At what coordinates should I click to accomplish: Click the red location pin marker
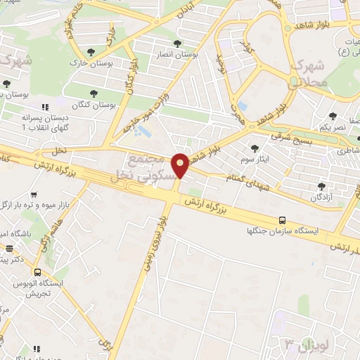coord(181,165)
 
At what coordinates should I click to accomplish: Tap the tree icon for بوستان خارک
coord(91,51)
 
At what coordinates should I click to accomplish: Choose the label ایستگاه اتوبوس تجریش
coord(42,288)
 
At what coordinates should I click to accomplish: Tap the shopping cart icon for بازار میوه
coord(33,194)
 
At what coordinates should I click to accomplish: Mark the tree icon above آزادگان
coord(321,186)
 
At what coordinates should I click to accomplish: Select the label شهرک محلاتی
coord(308,75)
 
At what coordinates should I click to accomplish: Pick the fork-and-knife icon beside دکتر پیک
coord(10,248)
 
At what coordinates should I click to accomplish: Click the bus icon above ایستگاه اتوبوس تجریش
coord(37,272)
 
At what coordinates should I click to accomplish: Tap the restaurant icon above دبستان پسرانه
coord(45,107)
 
